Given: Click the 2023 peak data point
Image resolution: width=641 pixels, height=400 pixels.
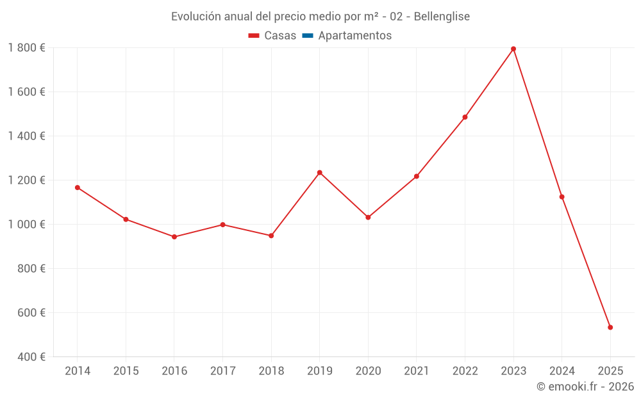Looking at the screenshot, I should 513,49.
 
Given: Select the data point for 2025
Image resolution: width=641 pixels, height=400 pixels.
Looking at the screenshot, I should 610,328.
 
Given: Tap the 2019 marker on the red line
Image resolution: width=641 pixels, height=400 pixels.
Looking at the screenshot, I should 320,173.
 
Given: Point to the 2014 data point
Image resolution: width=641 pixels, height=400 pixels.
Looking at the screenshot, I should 78,188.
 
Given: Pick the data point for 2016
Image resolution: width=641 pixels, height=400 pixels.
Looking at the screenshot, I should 174,237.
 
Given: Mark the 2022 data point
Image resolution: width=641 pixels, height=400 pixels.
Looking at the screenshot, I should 465,117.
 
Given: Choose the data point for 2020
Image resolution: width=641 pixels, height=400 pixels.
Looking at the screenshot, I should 368,218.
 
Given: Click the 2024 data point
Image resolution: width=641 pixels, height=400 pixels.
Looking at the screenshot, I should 562,197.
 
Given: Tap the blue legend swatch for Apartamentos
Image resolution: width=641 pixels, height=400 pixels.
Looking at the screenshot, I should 307,36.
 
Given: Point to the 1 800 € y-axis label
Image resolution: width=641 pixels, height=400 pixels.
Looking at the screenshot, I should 26,48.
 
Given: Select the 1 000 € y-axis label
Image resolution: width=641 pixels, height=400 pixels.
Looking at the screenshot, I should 26,225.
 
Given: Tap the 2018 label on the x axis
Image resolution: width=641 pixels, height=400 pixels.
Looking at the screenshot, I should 271,371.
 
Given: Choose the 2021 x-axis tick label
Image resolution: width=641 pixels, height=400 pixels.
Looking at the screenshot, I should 417,371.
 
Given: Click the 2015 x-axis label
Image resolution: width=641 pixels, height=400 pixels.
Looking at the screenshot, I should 126,371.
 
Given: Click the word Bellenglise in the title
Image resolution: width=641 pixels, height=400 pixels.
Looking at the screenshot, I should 442,17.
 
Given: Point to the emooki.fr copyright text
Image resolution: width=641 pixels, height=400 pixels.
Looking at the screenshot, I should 585,387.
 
